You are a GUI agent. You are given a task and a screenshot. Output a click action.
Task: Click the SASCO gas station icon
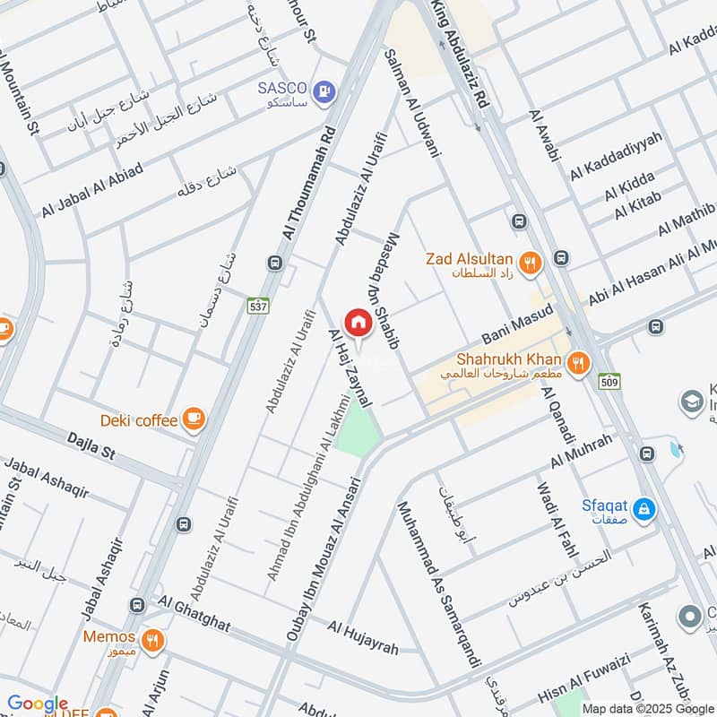(x=324, y=90)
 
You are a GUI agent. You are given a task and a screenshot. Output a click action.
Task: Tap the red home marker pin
(x=358, y=324)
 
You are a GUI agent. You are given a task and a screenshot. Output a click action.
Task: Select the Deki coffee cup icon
(x=193, y=418)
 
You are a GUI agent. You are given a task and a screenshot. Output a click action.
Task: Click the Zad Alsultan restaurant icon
(x=531, y=262)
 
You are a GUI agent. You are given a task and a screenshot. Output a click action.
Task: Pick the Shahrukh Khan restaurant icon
(x=580, y=362)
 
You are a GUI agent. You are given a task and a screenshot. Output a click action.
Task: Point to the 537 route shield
(x=259, y=306)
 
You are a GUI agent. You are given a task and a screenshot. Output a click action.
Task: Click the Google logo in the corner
(x=38, y=704)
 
